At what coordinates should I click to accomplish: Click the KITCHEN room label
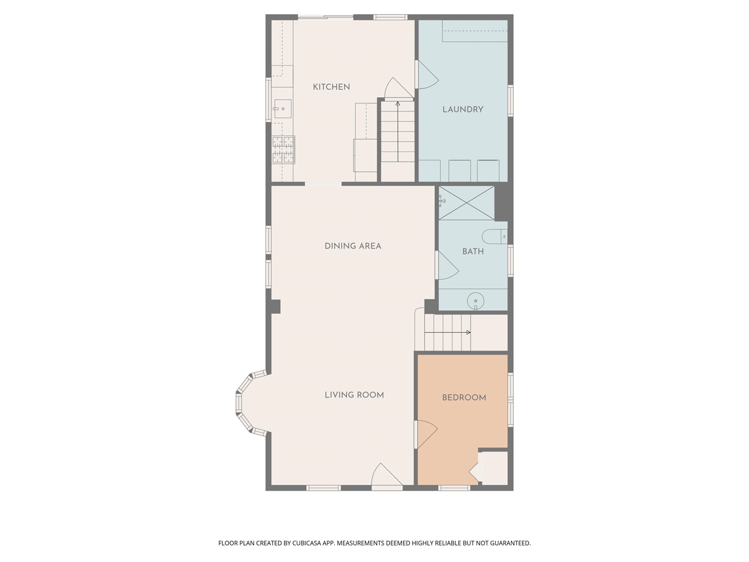[331, 87]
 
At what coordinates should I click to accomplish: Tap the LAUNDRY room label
[462, 109]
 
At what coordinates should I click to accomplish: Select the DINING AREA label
[353, 246]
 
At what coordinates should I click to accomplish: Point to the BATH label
[473, 251]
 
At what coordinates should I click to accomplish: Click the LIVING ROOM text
[354, 395]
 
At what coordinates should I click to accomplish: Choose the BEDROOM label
[463, 397]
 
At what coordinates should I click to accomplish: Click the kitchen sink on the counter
[282, 109]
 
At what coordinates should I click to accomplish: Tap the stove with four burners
[283, 150]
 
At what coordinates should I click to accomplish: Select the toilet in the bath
[494, 237]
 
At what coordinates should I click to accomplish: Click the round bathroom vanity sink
[476, 301]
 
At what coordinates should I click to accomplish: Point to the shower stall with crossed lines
[466, 203]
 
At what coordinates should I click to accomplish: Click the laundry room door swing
[426, 75]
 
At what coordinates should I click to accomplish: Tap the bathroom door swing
[447, 266]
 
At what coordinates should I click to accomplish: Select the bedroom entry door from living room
[426, 435]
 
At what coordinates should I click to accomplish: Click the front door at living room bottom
[386, 475]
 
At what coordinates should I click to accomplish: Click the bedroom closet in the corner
[493, 468]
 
